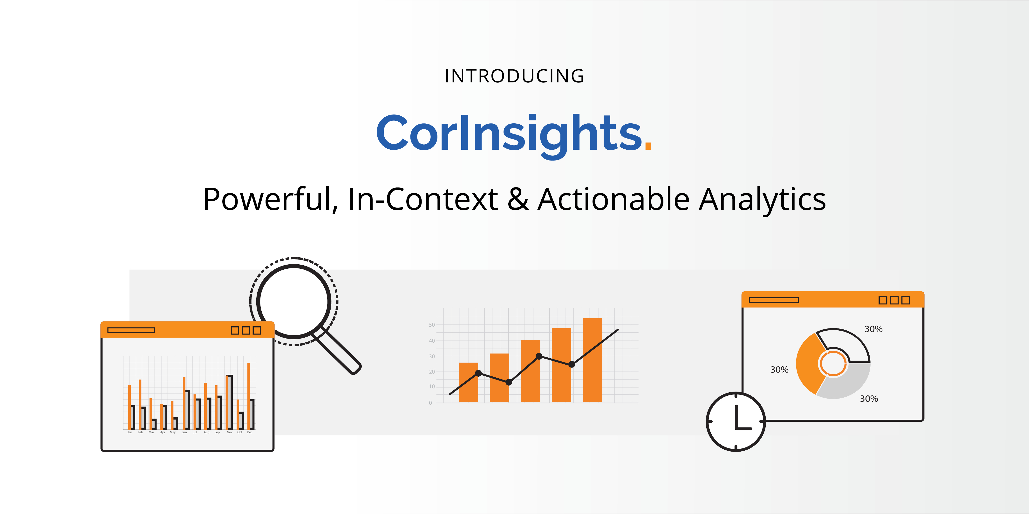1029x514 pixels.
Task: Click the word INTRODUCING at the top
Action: [515, 76]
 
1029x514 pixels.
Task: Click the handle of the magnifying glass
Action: [338, 351]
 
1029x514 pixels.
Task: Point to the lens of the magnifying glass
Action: [294, 301]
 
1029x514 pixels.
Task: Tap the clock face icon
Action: [736, 422]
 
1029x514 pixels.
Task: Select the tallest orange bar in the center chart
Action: [593, 360]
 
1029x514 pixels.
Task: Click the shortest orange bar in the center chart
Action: [469, 382]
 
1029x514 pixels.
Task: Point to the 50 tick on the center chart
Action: [432, 325]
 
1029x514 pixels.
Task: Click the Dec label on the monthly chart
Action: [250, 432]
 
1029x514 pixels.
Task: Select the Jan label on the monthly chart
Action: [129, 432]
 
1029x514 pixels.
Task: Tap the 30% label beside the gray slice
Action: [869, 399]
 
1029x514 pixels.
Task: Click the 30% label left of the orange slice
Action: [779, 370]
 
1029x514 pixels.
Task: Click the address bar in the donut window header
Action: [774, 300]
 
